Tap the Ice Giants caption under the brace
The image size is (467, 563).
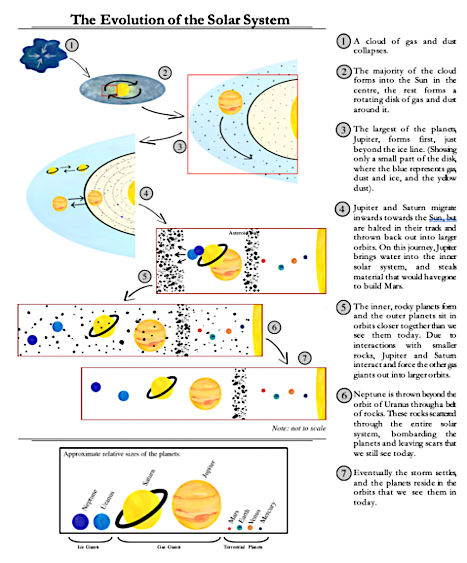[87, 547]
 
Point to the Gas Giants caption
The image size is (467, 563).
[169, 547]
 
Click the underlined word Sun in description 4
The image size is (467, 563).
[436, 218]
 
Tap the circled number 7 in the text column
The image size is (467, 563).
[344, 472]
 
